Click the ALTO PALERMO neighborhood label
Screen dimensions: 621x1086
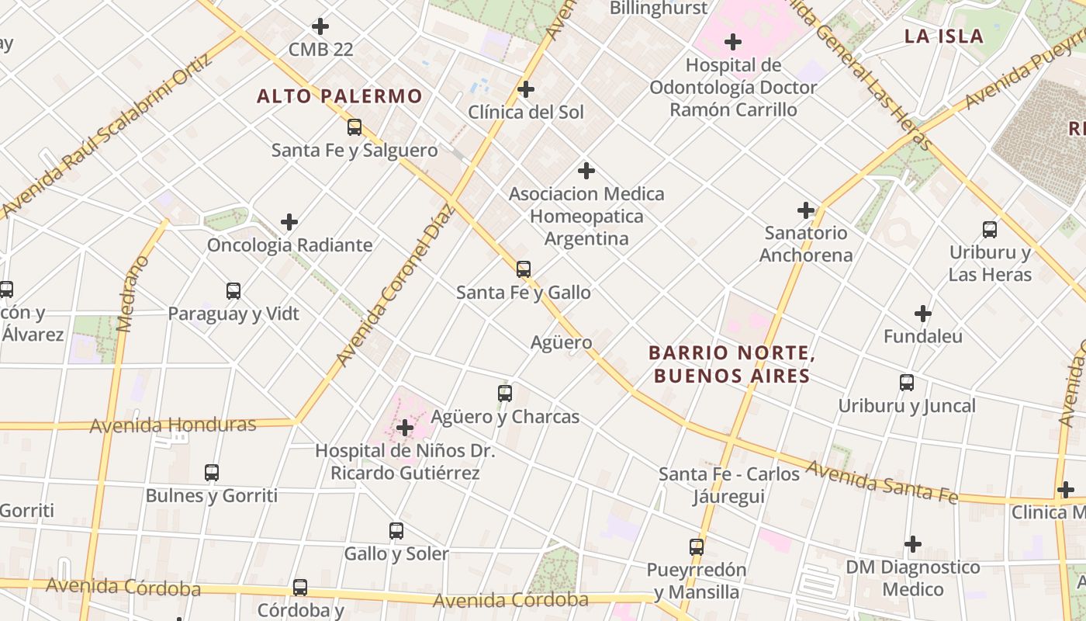click(x=340, y=96)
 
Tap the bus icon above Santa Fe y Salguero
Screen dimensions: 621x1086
click(x=355, y=127)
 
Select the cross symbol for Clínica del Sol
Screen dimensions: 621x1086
click(x=526, y=89)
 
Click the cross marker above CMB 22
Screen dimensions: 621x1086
click(x=320, y=26)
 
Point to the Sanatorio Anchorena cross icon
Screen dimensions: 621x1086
click(x=806, y=210)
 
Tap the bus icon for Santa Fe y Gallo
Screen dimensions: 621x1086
click(x=524, y=269)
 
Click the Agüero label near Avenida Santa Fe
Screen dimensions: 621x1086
click(x=561, y=342)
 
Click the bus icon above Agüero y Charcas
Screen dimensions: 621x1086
click(x=505, y=393)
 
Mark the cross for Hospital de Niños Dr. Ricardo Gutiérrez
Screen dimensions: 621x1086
click(x=404, y=427)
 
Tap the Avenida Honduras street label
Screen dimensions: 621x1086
click(x=173, y=425)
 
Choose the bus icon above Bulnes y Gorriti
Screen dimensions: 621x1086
click(x=212, y=472)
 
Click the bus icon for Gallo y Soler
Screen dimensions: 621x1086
click(x=396, y=531)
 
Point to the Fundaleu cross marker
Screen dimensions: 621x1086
click(x=922, y=314)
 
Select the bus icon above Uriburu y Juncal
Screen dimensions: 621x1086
click(x=907, y=382)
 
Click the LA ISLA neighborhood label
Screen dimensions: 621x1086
click(x=944, y=36)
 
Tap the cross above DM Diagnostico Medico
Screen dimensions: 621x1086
click(x=913, y=544)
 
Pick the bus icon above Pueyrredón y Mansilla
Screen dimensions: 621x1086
click(x=697, y=546)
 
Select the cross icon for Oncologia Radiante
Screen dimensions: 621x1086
click(x=289, y=222)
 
